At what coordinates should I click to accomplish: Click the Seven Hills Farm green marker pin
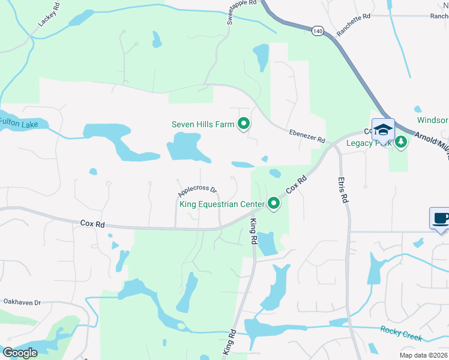coord(244,124)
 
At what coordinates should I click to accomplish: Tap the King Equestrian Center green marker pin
coord(274,204)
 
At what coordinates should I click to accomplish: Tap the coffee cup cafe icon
coord(440,218)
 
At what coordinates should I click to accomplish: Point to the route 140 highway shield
coord(318,30)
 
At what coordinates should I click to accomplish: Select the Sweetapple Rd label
coord(242,11)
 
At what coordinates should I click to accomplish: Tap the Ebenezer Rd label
coord(306,136)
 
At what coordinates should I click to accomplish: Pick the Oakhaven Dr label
coord(22,302)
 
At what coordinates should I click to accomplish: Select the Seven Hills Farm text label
coord(203,125)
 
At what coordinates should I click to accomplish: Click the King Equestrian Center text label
coord(222,205)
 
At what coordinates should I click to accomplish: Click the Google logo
coord(20,353)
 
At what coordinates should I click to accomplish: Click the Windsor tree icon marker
coord(419,110)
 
